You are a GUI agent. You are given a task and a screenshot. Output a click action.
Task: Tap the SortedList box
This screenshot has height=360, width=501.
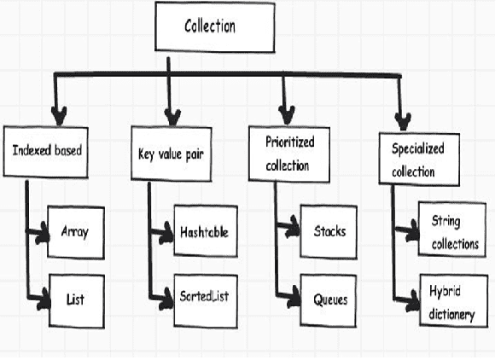(x=202, y=297)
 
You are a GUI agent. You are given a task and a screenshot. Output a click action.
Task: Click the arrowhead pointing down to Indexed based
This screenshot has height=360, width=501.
(x=57, y=114)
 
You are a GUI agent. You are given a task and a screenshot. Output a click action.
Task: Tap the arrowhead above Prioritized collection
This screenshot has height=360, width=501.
(x=286, y=113)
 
